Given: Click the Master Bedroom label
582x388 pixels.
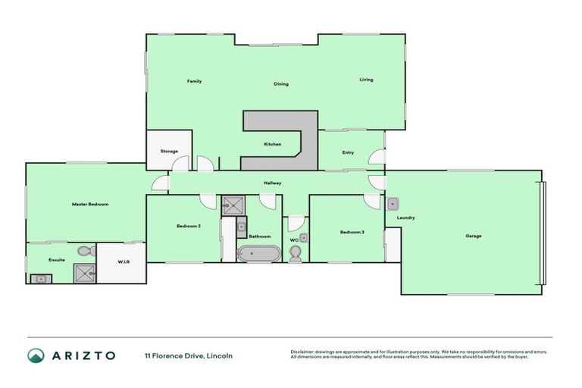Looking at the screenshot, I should coord(90,204).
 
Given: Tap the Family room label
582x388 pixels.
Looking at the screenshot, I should coord(194,81).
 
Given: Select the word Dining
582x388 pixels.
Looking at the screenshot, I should coord(281,84).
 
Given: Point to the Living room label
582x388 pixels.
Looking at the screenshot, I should coord(366,80).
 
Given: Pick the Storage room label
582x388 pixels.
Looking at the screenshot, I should coord(169,152).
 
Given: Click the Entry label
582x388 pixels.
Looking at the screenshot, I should coord(348,153).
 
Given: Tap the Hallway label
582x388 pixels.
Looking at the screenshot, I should coord(273,183).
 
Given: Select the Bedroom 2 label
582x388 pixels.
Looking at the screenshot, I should coord(188,227).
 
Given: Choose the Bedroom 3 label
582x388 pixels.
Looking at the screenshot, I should coord(352,232).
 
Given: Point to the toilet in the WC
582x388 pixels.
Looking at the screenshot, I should coord(296,253).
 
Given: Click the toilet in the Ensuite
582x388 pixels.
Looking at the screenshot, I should coord(84,250).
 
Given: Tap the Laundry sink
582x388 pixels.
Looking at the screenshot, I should coord(393,203).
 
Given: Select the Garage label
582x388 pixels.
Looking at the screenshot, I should coord(474,236).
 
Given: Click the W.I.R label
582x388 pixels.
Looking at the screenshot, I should coord(123,262).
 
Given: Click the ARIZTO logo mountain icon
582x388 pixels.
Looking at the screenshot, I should coord(36,355).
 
